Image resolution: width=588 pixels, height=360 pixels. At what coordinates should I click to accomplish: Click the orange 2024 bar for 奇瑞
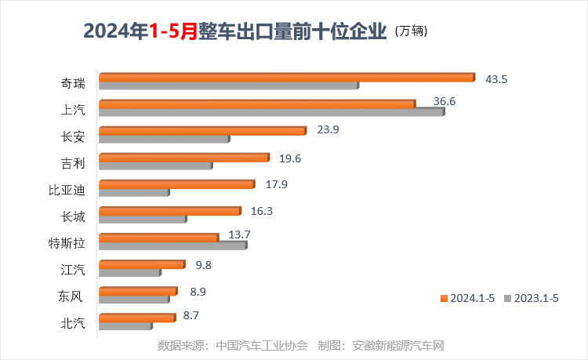286,77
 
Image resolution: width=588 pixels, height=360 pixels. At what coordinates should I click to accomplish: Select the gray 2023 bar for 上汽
270,112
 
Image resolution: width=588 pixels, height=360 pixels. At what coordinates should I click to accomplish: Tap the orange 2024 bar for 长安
202,130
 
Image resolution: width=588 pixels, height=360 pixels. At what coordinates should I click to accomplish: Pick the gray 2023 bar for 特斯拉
172,245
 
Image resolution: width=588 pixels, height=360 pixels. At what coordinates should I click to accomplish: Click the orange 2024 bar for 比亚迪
176,184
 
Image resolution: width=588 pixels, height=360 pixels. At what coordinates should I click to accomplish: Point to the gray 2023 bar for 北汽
125,325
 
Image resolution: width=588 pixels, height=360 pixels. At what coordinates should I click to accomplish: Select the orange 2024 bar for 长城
169,211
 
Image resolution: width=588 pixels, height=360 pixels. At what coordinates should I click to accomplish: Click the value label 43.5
496,79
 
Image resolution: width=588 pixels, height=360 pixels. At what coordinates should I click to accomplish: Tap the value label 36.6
444,101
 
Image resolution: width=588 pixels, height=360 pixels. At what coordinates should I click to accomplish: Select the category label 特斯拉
67,242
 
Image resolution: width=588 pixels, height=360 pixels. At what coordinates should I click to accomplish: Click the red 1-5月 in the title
173,32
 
